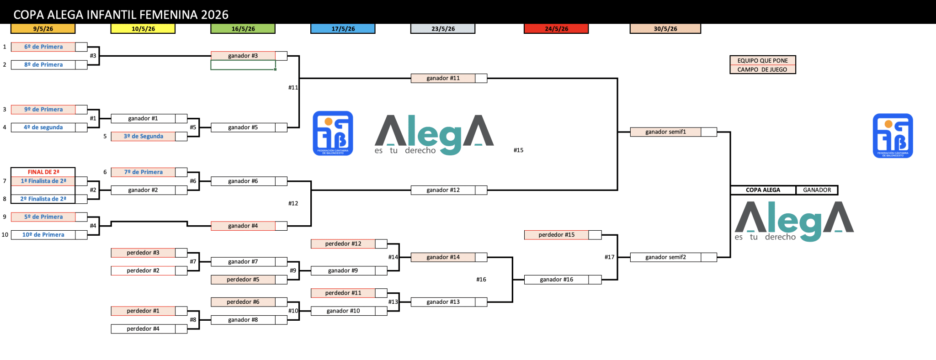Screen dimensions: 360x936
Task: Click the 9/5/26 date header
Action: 43,29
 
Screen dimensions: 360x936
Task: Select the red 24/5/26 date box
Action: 556,29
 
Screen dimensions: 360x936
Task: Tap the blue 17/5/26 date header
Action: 343,29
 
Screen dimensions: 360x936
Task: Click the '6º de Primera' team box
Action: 43,47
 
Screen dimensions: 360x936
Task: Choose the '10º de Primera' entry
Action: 43,235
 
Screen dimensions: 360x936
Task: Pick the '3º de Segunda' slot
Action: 143,136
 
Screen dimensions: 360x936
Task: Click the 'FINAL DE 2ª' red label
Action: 43,172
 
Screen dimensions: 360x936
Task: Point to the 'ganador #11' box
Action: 443,78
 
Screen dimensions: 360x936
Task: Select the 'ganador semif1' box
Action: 665,132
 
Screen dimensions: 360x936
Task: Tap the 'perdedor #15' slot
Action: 556,235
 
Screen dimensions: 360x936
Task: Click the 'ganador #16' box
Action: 556,280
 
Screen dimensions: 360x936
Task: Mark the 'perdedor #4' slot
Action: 143,329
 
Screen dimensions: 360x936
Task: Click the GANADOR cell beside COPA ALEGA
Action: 817,190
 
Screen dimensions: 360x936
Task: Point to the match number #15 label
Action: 518,150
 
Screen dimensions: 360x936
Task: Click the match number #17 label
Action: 609,257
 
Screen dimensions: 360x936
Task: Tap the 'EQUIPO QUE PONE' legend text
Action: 762,61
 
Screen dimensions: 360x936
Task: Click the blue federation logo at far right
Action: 893,136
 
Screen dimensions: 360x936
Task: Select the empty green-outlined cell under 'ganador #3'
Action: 243,65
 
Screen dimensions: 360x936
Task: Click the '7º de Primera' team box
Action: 143,172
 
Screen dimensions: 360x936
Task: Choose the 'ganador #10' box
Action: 343,311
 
